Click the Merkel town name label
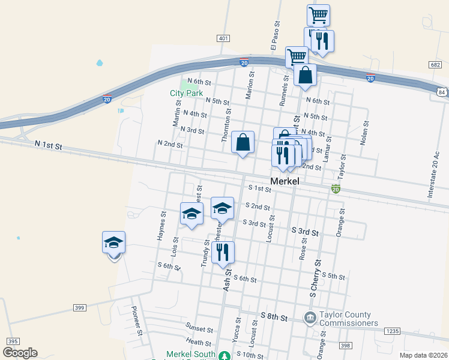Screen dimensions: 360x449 pos(285,181)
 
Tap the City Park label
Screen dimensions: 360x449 pos(186,93)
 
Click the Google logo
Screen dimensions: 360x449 pos(20,353)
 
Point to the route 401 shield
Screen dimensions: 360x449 pos(223,38)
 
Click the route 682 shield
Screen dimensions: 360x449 pos(436,64)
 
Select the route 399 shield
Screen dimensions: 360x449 pos(79,307)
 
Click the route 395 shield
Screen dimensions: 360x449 pos(11,340)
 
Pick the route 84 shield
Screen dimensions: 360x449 pos(442,92)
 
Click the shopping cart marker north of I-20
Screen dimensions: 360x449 pos(318,14)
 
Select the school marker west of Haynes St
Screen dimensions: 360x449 pos(113,244)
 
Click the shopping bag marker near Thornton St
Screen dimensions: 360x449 pos(243,143)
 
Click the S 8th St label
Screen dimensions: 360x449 pos(275,316)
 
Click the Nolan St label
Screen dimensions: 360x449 pos(364,132)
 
